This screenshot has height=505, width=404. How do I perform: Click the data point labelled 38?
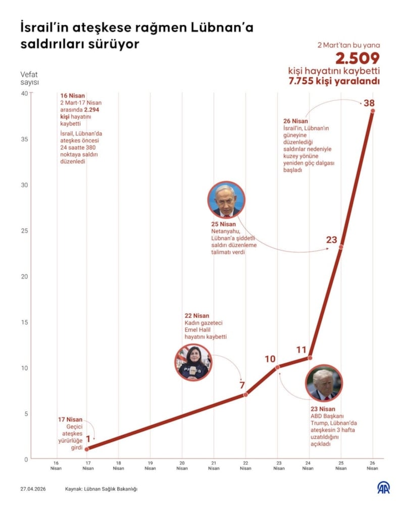[373, 111]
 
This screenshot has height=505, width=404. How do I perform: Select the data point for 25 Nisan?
[341, 247]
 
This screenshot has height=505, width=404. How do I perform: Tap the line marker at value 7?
[245, 394]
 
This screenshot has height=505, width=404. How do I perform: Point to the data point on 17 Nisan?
[87, 449]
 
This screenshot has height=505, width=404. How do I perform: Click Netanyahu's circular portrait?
[226, 199]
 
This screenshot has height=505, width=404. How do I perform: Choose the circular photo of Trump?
[324, 385]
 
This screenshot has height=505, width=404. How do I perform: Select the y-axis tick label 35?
[24, 139]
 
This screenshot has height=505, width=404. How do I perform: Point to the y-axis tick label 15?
[24, 322]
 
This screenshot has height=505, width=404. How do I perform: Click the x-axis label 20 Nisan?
[182, 465]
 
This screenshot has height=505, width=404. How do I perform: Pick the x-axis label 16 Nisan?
[56, 465]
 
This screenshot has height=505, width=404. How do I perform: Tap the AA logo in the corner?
[384, 488]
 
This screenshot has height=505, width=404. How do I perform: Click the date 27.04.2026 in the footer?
[33, 489]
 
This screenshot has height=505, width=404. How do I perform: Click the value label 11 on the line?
[301, 349]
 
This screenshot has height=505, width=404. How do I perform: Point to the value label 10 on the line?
[270, 359]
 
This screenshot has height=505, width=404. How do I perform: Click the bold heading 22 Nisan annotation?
[197, 316]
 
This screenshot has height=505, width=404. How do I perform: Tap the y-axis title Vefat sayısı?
[29, 78]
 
